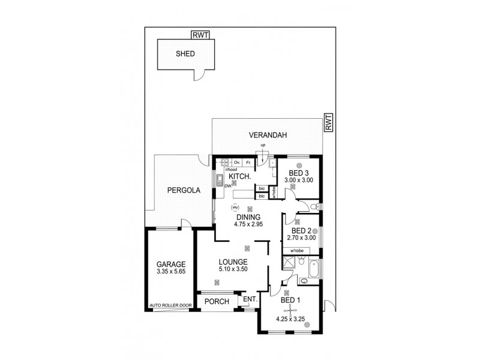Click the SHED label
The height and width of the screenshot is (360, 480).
(x=185, y=53)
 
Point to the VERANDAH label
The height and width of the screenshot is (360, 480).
(x=266, y=136)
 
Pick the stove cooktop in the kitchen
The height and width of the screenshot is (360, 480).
(x=226, y=162)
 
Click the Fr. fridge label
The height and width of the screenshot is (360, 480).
(x=248, y=162)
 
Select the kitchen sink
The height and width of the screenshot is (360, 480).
(x=220, y=180)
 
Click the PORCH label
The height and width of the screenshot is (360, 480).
(x=217, y=301)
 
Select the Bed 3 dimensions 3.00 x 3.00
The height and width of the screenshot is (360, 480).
(x=300, y=179)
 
